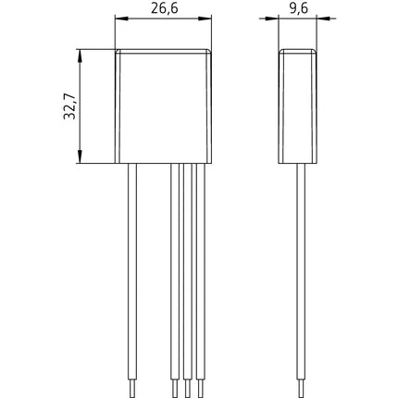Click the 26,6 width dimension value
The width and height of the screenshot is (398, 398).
(165, 8)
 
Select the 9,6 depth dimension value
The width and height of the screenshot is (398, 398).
(298, 8)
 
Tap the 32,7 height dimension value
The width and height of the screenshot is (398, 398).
(69, 106)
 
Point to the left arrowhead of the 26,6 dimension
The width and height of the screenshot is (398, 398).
(121, 19)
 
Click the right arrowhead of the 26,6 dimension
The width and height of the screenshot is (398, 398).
(205, 19)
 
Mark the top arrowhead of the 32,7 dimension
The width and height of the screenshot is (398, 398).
(80, 56)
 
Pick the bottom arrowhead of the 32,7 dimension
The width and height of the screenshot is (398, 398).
(80, 156)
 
